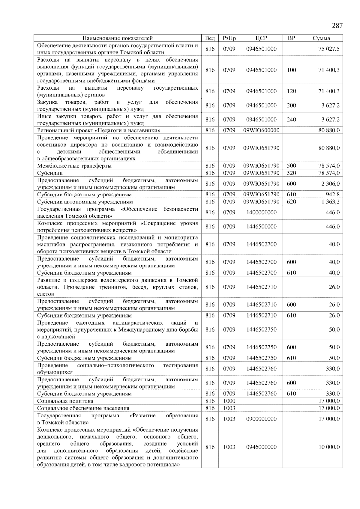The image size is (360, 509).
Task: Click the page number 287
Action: [337, 25]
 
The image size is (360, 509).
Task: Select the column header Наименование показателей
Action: [117, 38]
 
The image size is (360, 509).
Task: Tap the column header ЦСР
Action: [261, 38]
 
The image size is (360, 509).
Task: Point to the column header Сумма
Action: [321, 38]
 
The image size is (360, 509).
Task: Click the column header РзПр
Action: [229, 38]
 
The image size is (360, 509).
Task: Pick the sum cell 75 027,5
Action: [329, 49]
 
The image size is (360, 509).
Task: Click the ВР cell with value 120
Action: [291, 91]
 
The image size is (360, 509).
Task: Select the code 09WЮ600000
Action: [261, 130]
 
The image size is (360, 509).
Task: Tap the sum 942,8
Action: [333, 195]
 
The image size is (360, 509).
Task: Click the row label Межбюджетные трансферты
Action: [74, 166]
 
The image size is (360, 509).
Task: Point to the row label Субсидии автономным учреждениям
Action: [85, 202]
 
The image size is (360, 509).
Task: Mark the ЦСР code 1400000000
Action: [261, 213]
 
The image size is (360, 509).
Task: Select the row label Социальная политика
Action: [65, 401]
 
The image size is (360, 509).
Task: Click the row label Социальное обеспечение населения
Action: [83, 408]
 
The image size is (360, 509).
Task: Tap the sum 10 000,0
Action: [329, 447]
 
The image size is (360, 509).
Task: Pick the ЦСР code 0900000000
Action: [261, 419]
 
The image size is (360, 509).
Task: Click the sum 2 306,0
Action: [330, 184]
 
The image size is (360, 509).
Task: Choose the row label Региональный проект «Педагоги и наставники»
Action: [99, 130]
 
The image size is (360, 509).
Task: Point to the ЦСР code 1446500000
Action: [261, 227]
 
